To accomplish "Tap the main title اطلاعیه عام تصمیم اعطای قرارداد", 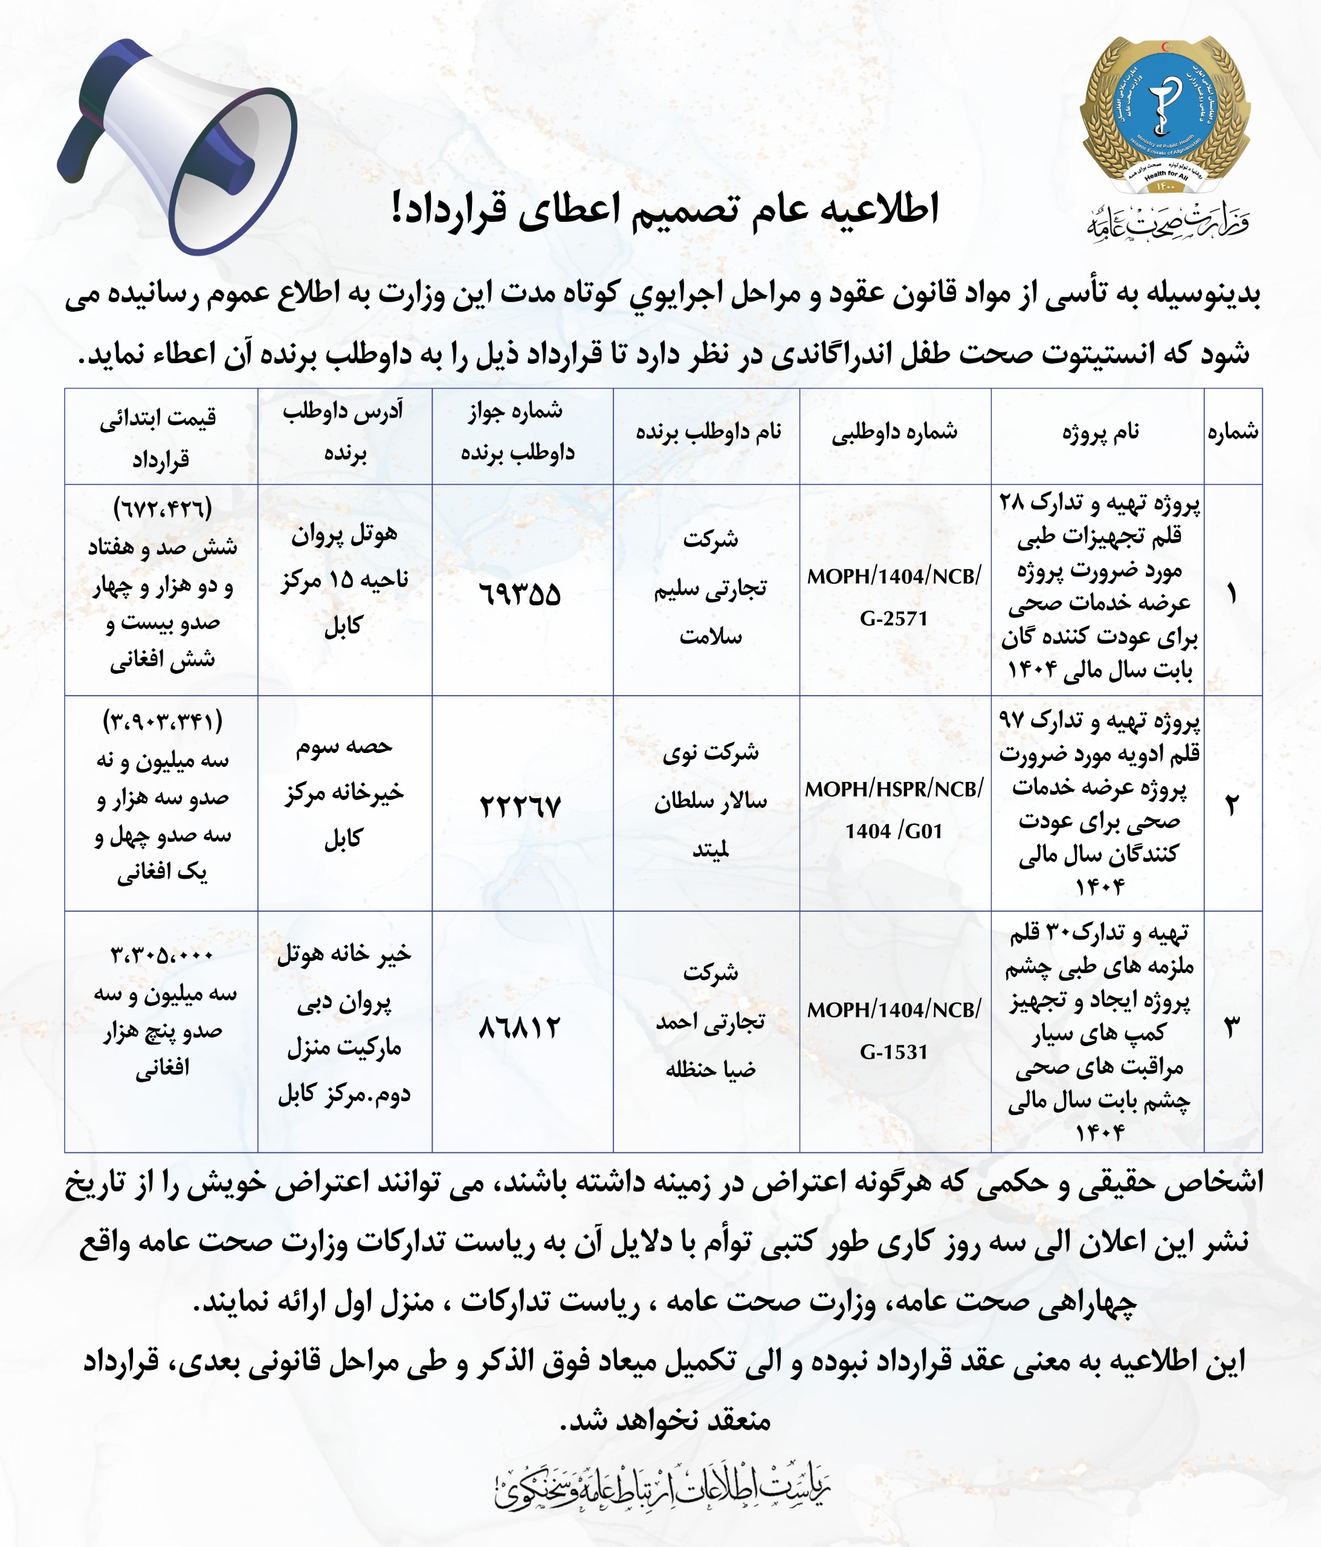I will (665, 210).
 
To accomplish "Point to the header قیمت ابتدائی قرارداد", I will (160, 438).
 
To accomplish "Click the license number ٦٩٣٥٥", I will (520, 594).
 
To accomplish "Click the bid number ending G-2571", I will (894, 597).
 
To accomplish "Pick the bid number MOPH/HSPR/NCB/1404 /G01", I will (894, 810).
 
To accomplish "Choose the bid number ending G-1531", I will (894, 1030).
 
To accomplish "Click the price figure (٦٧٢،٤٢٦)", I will (162, 509).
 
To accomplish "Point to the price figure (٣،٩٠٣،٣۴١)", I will (162, 722).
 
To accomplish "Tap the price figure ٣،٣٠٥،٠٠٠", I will (162, 955).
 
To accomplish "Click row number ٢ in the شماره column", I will (1232, 806).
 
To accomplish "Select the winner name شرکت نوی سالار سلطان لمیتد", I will (709, 800).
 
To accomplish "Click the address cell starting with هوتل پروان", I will (344, 580).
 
